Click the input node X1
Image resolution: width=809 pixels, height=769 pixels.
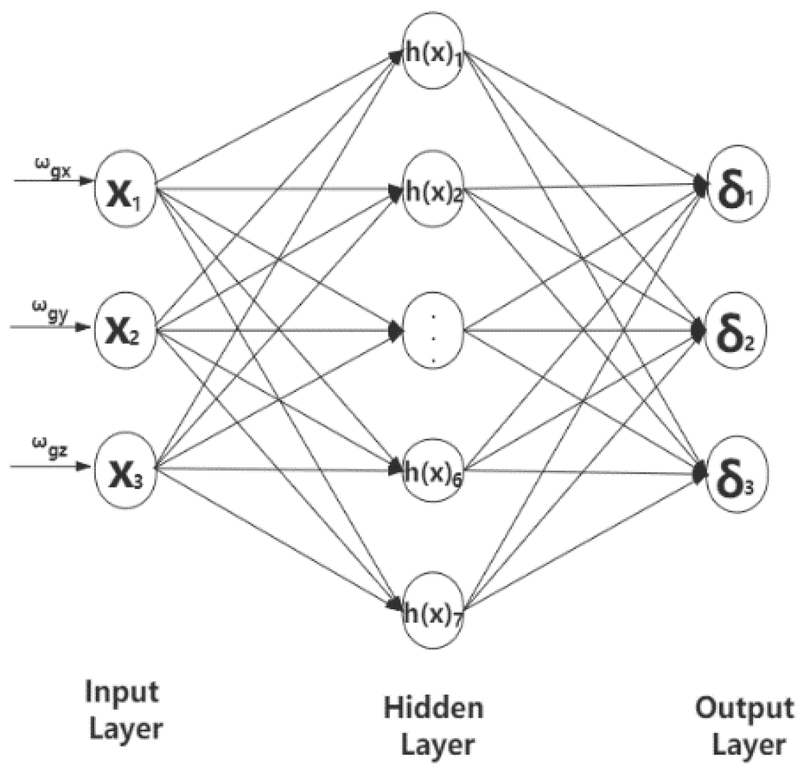[x=125, y=189]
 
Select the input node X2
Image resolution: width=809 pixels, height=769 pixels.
[x=125, y=330]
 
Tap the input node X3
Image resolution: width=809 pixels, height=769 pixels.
[x=125, y=471]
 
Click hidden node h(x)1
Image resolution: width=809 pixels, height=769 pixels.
[x=433, y=51]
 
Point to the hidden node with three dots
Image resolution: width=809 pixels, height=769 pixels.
[x=433, y=331]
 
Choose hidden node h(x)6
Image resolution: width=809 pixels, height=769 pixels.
[x=433, y=471]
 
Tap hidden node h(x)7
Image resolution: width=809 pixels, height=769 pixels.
[x=433, y=612]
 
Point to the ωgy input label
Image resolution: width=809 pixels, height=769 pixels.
[x=50, y=311]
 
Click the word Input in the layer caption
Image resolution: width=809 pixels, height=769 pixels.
[x=122, y=692]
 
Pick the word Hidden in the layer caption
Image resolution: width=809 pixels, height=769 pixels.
[x=433, y=708]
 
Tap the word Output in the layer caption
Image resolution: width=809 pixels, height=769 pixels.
[x=744, y=708]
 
